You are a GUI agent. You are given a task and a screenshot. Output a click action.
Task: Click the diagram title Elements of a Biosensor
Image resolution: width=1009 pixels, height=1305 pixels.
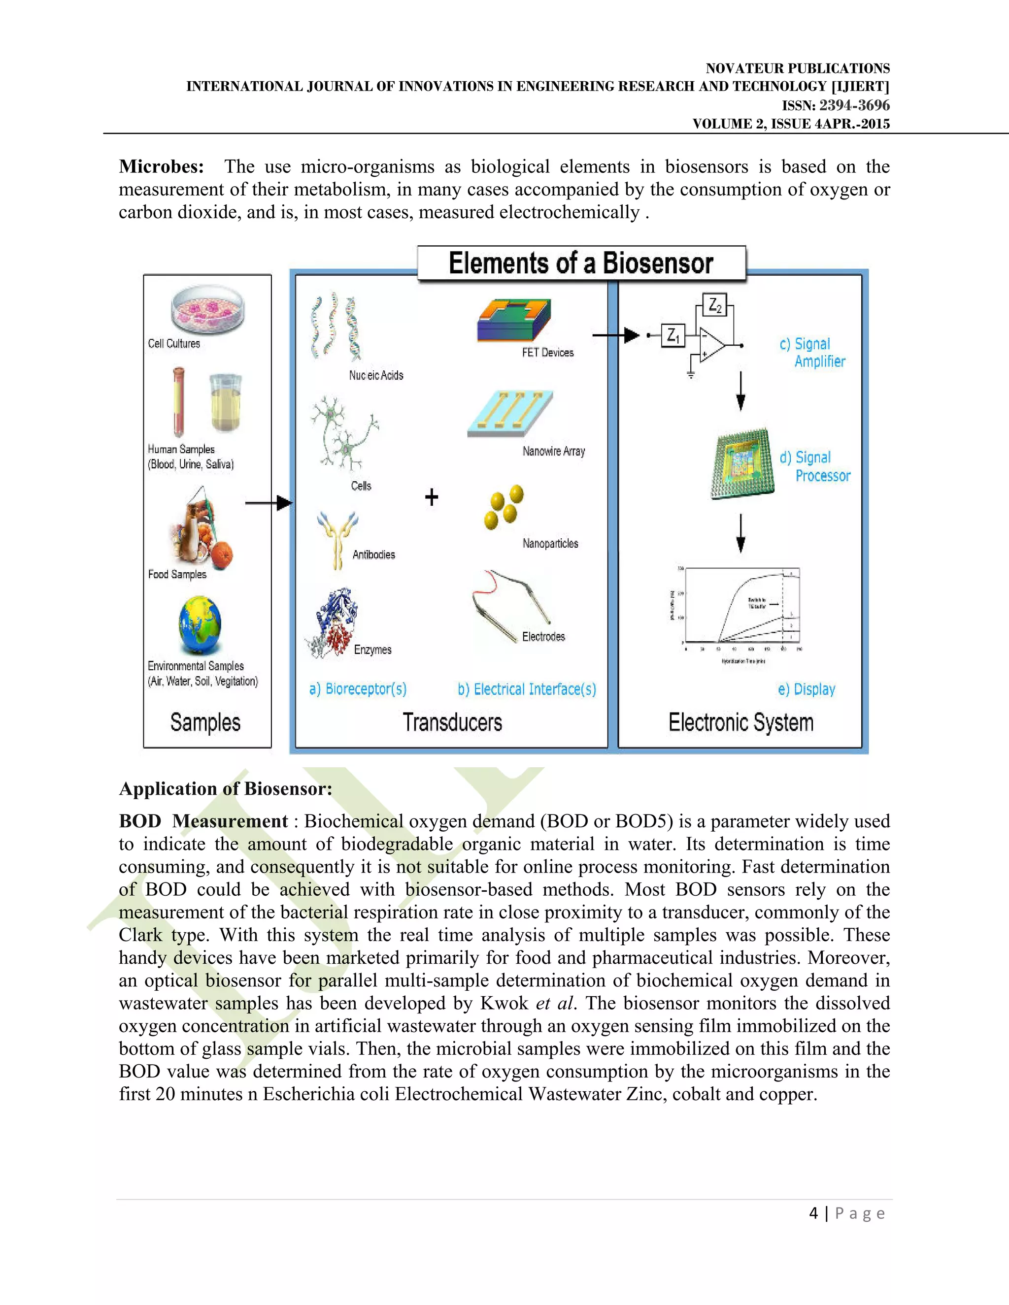click(x=581, y=263)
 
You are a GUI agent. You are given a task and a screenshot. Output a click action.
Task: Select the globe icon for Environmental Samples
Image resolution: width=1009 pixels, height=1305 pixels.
click(x=200, y=625)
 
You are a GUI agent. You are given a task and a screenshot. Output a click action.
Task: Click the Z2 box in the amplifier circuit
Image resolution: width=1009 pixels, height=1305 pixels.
click(x=715, y=305)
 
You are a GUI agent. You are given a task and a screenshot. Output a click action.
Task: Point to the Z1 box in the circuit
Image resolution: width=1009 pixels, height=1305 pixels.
click(x=673, y=335)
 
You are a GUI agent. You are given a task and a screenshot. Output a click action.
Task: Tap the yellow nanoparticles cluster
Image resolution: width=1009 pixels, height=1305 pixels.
click(x=504, y=507)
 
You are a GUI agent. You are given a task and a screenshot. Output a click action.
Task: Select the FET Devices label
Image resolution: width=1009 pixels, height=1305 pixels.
click(x=547, y=353)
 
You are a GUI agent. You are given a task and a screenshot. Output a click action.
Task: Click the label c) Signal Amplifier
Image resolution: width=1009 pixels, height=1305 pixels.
click(x=812, y=353)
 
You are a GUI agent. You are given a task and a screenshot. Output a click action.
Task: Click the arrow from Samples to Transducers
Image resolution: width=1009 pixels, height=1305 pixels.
click(x=269, y=503)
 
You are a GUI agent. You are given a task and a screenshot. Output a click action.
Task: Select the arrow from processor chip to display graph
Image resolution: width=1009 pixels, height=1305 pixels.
click(x=740, y=532)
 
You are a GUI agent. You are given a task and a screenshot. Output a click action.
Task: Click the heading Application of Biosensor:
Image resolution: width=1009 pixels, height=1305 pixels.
click(x=225, y=789)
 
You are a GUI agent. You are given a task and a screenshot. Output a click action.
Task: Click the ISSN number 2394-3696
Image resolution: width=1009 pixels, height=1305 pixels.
click(x=854, y=105)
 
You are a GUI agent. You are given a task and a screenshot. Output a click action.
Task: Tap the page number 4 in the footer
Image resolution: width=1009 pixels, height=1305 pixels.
click(x=813, y=1212)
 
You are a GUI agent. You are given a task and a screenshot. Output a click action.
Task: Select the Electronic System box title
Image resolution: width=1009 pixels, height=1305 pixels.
click(x=740, y=722)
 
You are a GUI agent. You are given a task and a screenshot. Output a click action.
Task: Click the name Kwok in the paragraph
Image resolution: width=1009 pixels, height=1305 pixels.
click(x=504, y=1003)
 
